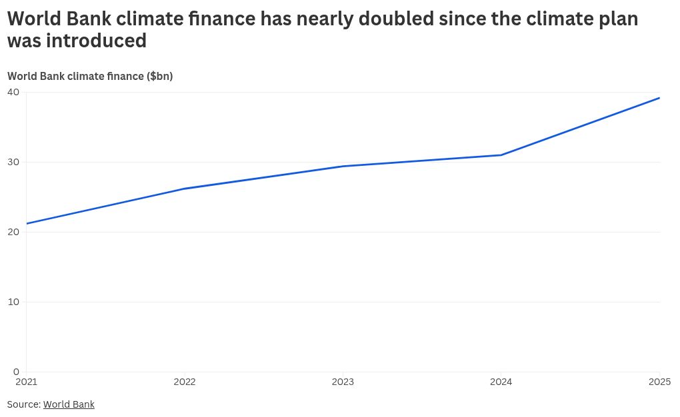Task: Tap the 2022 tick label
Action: tap(185, 382)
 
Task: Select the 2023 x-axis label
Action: tap(343, 382)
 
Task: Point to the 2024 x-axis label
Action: tap(501, 382)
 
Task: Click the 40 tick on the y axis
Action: tap(14, 92)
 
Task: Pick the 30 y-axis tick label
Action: tap(14, 162)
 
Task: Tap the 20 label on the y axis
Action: tap(14, 232)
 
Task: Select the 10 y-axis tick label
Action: tap(14, 302)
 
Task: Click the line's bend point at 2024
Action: tap(501, 155)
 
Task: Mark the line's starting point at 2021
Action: tap(27, 224)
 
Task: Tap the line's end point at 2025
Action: tap(659, 98)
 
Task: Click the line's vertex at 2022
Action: tap(185, 189)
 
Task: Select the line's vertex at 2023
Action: tap(343, 166)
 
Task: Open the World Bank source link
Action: tap(69, 404)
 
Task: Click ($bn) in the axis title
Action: tap(160, 76)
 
